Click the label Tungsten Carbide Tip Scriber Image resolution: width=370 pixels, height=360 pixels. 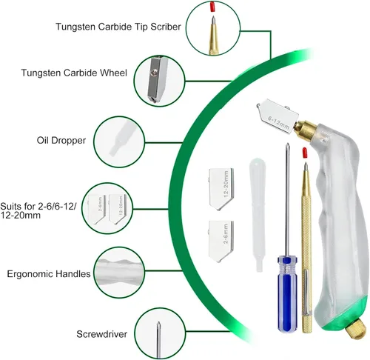(x=118, y=27)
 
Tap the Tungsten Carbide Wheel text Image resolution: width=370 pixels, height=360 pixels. (x=74, y=73)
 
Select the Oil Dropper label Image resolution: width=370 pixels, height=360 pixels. (x=61, y=140)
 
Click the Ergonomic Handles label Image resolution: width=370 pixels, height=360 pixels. (x=49, y=274)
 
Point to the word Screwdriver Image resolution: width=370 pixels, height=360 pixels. (x=101, y=334)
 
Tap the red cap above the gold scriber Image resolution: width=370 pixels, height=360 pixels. (x=305, y=153)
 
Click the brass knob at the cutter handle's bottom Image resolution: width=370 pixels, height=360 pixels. (x=356, y=328)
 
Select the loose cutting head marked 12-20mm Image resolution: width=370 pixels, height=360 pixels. (x=221, y=189)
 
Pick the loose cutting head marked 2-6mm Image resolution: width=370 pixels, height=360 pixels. (x=221, y=241)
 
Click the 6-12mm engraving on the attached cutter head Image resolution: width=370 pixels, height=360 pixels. (x=278, y=122)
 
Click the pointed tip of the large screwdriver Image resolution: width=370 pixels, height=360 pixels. (x=287, y=144)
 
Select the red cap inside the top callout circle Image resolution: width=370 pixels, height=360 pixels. (x=212, y=7)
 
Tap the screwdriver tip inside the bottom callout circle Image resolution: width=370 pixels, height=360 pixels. (x=158, y=323)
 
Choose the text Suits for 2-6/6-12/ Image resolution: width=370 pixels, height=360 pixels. (x=38, y=206)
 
